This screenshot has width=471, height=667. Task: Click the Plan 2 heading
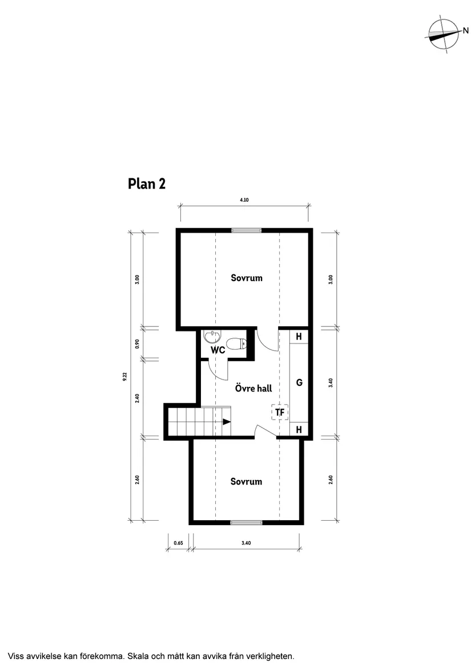coord(147,184)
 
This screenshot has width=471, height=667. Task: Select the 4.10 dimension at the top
coord(244,200)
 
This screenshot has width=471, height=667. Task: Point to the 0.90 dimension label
coord(137,344)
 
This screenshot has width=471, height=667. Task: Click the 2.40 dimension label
coord(137,398)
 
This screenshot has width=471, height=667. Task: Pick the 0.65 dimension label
coord(177,543)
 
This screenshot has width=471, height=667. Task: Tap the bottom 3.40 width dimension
coord(246,543)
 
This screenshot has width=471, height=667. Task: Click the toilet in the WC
coord(236,344)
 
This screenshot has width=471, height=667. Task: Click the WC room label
coord(218,350)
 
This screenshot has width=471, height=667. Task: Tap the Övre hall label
coord(253,388)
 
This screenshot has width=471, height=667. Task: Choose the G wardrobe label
coord(299,383)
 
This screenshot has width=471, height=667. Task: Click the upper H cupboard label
coord(299,337)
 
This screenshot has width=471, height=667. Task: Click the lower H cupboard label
coord(299,429)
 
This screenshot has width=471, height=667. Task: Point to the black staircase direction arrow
coord(227,422)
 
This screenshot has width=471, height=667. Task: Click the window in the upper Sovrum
coord(247,230)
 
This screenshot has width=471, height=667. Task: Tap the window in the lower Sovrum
coord(247,522)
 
